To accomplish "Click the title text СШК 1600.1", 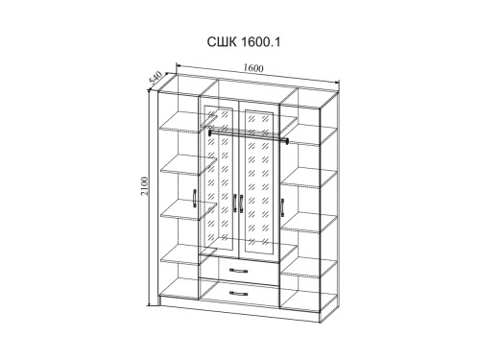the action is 244,42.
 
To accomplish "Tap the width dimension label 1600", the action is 253,68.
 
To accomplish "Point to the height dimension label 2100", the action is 145,186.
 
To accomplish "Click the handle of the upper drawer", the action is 239,271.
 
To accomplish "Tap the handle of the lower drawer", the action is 239,293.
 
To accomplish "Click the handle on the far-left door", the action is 195,199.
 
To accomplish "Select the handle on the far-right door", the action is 282,207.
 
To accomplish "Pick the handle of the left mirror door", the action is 235,203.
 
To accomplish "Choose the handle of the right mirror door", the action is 241,204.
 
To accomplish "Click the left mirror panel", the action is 219,178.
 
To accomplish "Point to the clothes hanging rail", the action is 249,135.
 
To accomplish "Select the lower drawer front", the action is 239,294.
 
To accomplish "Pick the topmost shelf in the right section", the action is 309,134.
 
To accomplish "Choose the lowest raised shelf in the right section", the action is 309,268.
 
